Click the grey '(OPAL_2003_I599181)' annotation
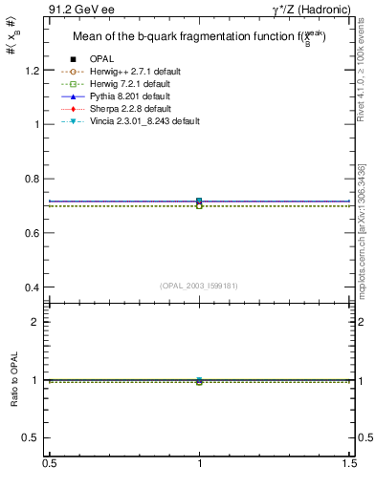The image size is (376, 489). click(x=199, y=285)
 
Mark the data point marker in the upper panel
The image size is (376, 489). click(x=199, y=202)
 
